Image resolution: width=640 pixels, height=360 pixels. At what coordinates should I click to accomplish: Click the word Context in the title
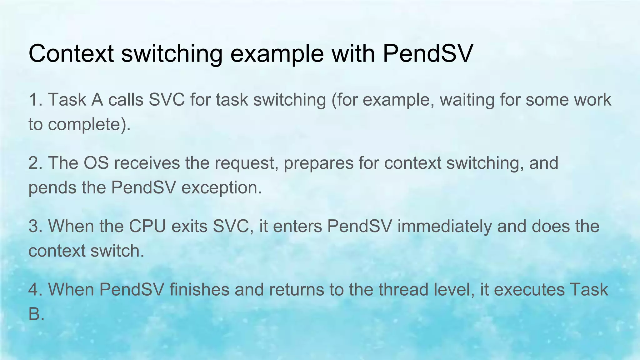pos(71,53)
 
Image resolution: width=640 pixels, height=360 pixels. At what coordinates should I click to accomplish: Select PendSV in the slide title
pos(428,53)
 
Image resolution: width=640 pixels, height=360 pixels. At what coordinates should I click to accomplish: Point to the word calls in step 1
pos(126,100)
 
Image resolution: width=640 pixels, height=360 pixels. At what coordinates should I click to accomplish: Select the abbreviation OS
pos(96,163)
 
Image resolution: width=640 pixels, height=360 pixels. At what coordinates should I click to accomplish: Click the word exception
pos(221,188)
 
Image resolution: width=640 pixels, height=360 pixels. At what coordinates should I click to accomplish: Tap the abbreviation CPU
pos(147,226)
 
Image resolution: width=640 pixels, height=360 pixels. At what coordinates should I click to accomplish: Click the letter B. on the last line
pos(36,314)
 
